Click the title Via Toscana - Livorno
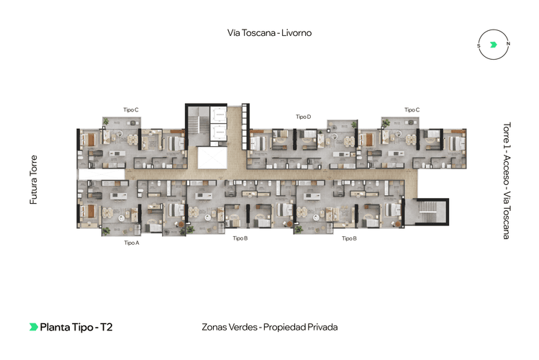pyautogui.click(x=269, y=32)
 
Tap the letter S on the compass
pyautogui.click(x=479, y=45)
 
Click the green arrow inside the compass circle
pyautogui.click(x=493, y=45)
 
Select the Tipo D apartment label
pyautogui.click(x=303, y=116)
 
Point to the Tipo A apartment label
pyautogui.click(x=131, y=243)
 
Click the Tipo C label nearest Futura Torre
pyautogui.click(x=131, y=109)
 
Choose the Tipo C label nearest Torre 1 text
pyautogui.click(x=412, y=109)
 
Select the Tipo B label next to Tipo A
pyautogui.click(x=240, y=238)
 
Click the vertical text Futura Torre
pyautogui.click(x=33, y=179)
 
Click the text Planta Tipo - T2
pyautogui.click(x=76, y=327)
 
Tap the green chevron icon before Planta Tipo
pyautogui.click(x=33, y=327)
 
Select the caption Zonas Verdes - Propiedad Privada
pyautogui.click(x=269, y=327)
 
